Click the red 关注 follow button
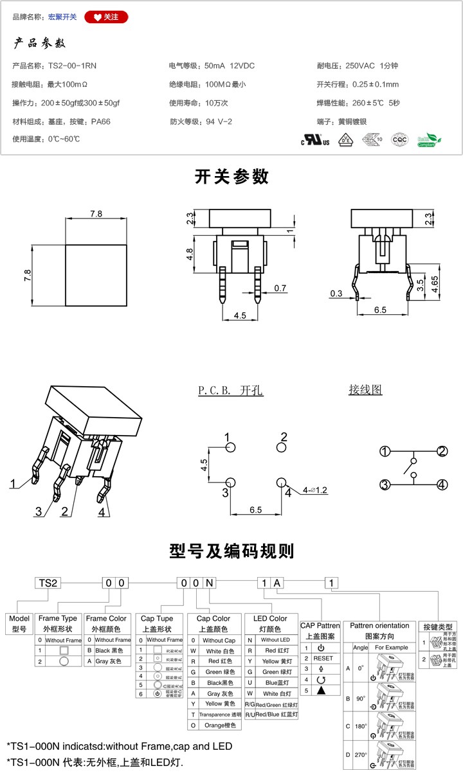coord(106,17)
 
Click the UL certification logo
coord(315,139)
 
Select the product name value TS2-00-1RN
coord(73,66)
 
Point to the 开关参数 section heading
coord(232,177)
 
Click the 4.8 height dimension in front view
coord(190,254)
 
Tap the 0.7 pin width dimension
coord(280,289)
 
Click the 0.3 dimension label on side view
coord(337,294)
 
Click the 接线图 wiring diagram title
coord(365,389)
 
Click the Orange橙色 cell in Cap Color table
coord(219,725)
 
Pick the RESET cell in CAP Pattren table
coord(323,658)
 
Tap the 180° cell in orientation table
coord(360,725)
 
